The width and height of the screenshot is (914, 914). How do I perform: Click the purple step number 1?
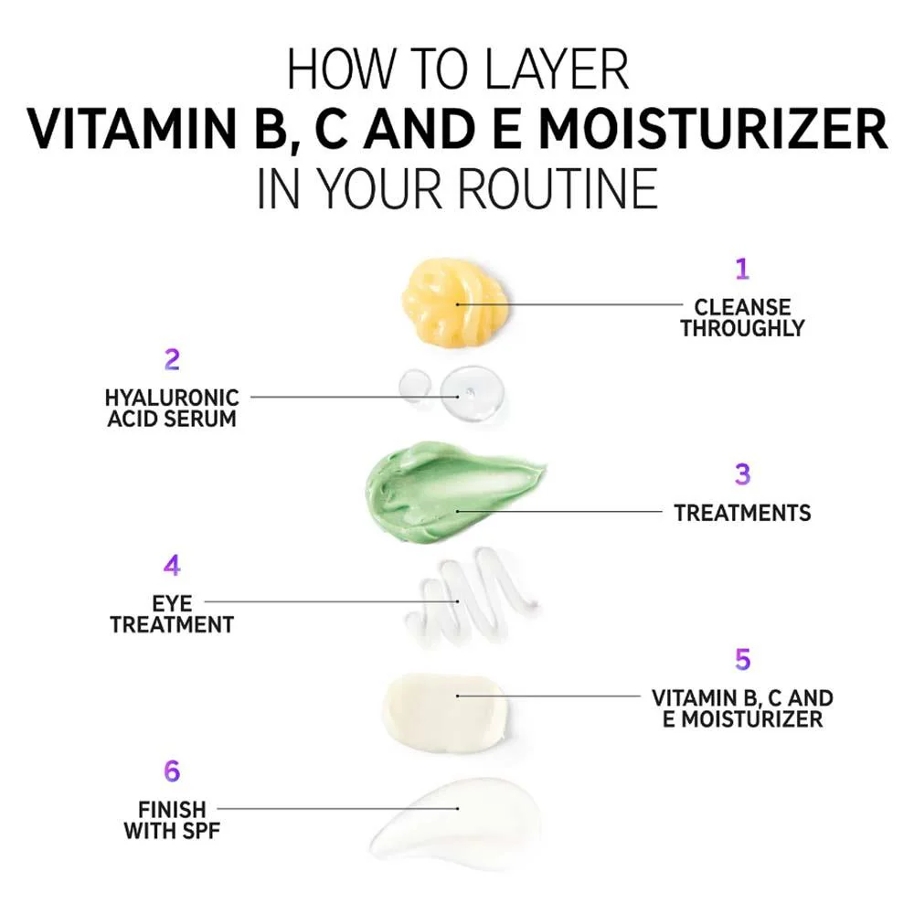point(742,269)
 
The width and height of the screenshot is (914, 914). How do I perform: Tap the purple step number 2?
point(172,359)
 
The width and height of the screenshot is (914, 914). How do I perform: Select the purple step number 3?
point(742,474)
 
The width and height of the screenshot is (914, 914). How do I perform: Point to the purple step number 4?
point(172,565)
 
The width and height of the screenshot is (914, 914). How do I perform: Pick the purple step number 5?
point(742,659)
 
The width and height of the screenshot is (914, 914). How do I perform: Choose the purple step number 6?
point(172,771)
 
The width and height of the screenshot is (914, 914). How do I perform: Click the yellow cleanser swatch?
point(454,302)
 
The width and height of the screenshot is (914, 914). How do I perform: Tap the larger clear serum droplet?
point(473,392)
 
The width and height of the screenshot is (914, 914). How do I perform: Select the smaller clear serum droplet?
point(414,386)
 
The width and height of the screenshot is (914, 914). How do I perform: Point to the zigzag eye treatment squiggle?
point(470,595)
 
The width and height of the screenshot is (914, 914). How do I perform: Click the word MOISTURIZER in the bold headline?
point(713,129)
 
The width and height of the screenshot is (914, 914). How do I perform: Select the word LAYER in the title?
point(556,69)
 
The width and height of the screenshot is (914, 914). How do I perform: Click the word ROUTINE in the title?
point(558,188)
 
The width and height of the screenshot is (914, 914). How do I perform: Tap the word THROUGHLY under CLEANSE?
point(742,328)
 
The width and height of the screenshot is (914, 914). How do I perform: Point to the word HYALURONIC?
point(172,398)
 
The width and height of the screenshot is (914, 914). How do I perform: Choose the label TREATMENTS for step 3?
point(742,513)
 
